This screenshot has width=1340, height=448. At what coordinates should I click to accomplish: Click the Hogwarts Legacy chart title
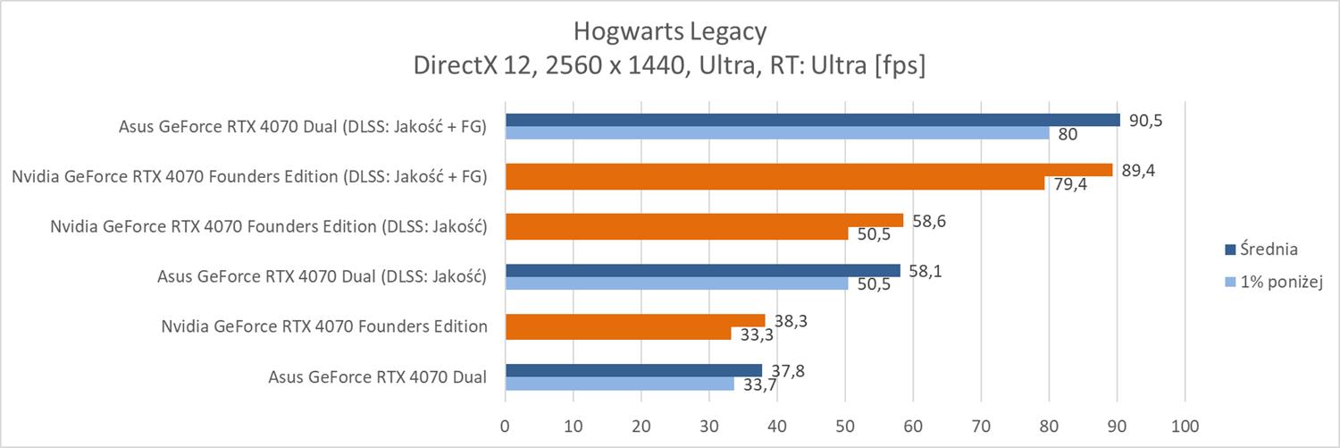(669, 32)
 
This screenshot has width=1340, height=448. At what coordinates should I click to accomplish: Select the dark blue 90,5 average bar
(812, 120)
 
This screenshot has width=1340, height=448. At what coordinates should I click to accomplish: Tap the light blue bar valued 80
(777, 133)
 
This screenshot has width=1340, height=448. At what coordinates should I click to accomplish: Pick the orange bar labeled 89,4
(808, 170)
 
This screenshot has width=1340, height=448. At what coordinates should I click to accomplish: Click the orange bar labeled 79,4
(775, 183)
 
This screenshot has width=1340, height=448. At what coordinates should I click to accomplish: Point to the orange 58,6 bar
(704, 220)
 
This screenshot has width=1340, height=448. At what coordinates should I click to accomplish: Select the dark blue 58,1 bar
(702, 270)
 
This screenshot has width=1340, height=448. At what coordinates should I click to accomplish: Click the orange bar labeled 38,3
(635, 320)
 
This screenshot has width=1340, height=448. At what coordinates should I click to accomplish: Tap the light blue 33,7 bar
(619, 384)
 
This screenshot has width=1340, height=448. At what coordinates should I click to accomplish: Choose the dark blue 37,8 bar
(633, 370)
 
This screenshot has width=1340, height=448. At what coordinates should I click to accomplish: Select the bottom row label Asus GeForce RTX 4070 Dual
(377, 376)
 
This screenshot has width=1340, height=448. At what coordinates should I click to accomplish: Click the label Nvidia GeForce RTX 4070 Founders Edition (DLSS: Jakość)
(269, 226)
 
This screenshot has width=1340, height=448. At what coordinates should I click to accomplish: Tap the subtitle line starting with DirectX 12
(669, 66)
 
